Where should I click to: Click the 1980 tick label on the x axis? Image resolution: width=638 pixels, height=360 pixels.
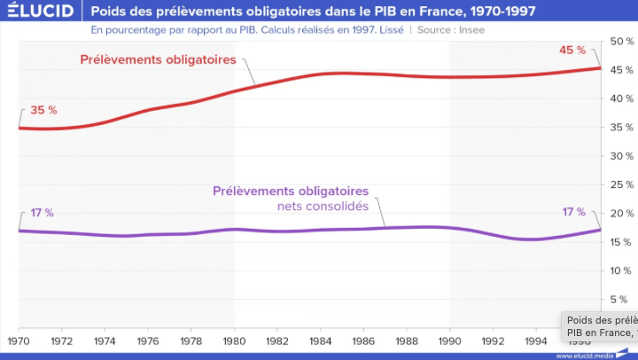tap(234, 340)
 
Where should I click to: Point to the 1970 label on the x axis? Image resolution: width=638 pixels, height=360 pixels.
tap(19, 340)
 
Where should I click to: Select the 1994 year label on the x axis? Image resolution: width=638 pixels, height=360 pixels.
tap(536, 340)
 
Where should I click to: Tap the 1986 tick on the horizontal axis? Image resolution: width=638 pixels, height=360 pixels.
tap(364, 340)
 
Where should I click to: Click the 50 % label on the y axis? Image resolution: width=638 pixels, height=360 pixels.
tap(621, 42)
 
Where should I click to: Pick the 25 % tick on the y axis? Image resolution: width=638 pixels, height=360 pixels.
tap(621, 185)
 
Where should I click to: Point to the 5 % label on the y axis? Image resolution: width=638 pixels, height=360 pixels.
tap(624, 300)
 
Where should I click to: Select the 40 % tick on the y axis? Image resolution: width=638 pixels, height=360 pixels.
tap(621, 99)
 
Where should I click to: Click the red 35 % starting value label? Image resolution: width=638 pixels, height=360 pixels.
tap(43, 111)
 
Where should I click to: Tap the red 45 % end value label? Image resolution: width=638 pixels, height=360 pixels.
tap(572, 50)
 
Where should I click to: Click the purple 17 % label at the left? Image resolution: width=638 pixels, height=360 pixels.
tap(43, 213)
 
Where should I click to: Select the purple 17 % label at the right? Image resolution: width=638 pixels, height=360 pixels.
tap(573, 212)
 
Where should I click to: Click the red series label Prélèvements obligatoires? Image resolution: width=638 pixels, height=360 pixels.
tap(157, 60)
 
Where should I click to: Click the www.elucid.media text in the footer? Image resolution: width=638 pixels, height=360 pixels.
tap(585, 355)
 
